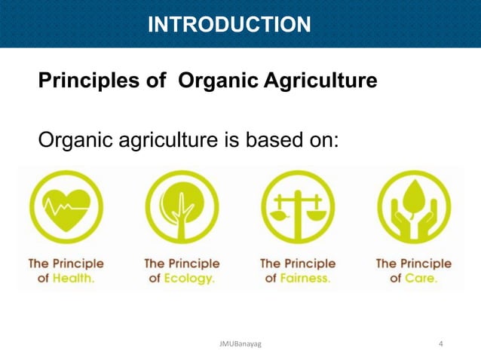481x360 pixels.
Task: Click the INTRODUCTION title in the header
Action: point(228,25)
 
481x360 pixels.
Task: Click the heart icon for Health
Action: point(66,206)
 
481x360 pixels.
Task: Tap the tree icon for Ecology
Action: point(182,206)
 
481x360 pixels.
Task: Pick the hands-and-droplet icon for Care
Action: point(413,206)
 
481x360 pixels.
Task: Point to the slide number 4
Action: point(441,345)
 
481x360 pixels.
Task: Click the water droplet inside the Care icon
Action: point(413,197)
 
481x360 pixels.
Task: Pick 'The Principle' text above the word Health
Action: point(66,264)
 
